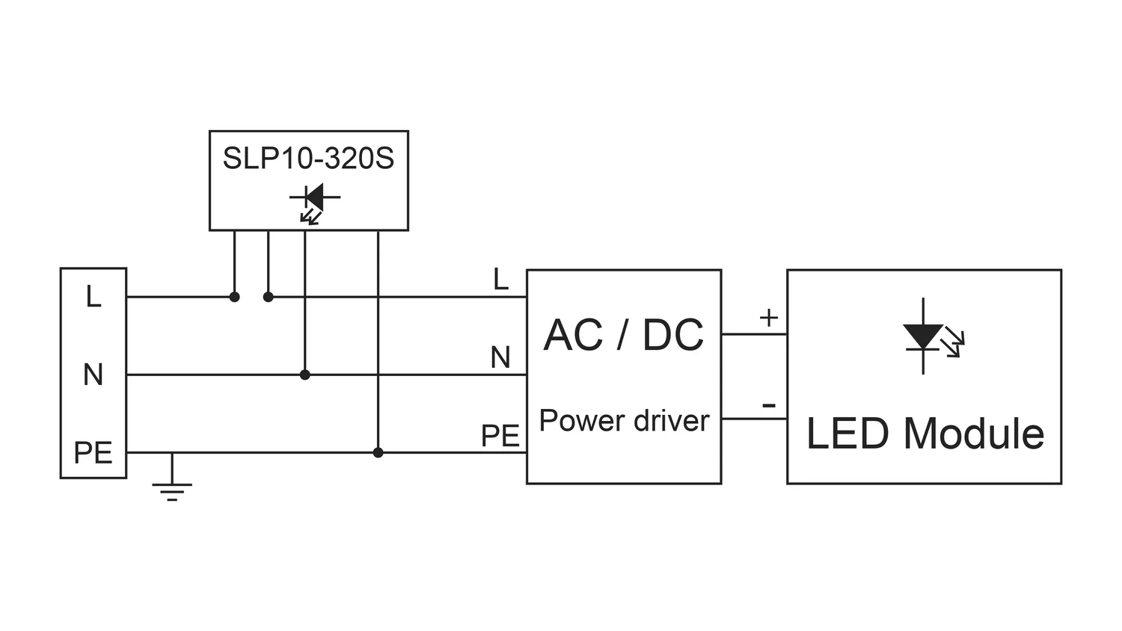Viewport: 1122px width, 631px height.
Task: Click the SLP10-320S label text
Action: pos(308,158)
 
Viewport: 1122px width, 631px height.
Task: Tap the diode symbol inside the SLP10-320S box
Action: pos(314,198)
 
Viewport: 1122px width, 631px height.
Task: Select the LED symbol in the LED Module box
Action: pos(925,336)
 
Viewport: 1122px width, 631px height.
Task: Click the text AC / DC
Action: pos(624,335)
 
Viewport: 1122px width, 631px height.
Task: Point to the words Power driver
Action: pos(624,421)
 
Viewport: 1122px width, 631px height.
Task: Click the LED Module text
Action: pos(925,434)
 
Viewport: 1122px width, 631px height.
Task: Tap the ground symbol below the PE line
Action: pos(172,490)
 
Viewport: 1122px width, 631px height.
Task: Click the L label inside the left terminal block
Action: pos(93,297)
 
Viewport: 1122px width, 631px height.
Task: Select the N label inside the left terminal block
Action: pos(93,375)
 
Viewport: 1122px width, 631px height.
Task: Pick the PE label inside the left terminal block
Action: pos(93,452)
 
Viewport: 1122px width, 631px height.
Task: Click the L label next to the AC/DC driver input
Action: pos(500,280)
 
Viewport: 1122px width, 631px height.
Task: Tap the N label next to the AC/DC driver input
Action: pos(500,358)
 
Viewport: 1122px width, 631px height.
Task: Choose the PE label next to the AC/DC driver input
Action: pos(500,436)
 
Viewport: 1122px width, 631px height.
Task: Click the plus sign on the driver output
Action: pos(769,318)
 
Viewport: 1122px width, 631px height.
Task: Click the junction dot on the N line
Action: pos(304,375)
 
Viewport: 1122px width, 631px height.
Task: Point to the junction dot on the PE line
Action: pos(378,452)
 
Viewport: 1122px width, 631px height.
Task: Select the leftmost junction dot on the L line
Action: pos(234,297)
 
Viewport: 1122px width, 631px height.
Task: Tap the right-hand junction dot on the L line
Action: pos(269,297)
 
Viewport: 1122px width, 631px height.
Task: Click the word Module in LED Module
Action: pos(973,434)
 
